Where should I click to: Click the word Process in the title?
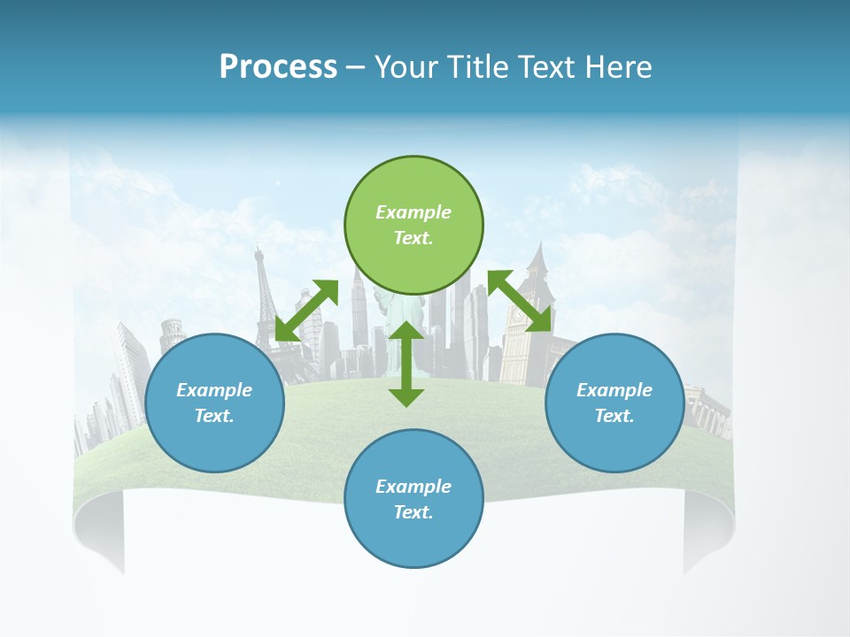tap(278, 67)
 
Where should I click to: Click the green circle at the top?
tap(413, 225)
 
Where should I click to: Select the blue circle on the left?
tap(214, 403)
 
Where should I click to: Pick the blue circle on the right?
tap(614, 403)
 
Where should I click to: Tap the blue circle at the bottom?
tap(413, 499)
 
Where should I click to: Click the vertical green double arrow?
tap(406, 364)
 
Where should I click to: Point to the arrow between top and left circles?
tap(306, 311)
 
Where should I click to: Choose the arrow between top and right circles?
tap(520, 302)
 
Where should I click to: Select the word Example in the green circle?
tap(413, 212)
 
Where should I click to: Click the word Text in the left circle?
tap(214, 416)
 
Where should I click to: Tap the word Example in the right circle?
tap(614, 390)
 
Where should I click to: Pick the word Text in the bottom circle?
tap(413, 512)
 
